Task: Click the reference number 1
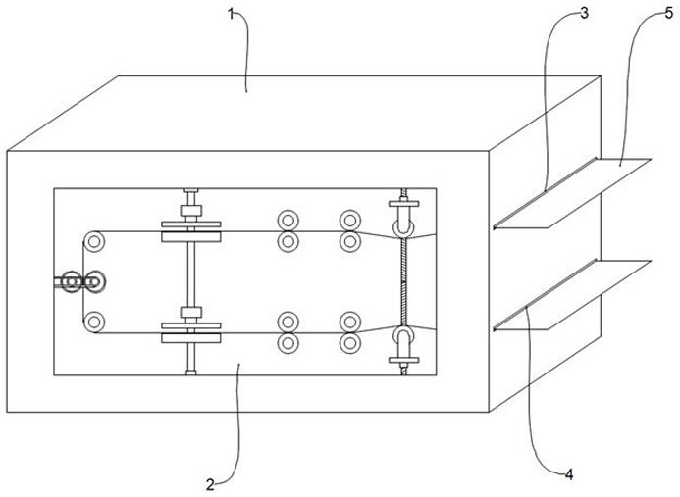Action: click(x=233, y=14)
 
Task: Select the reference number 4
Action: click(x=568, y=473)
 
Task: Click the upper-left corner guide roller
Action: click(x=94, y=240)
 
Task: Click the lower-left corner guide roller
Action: click(x=94, y=321)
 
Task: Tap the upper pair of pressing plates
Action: click(x=192, y=235)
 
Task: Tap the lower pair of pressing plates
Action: click(x=192, y=336)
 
